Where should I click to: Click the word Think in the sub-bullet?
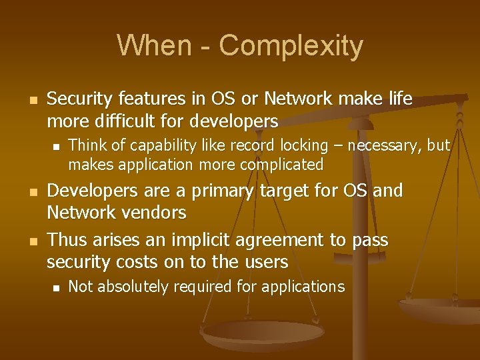pyautogui.click(x=87, y=145)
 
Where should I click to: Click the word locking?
pyautogui.click(x=279, y=146)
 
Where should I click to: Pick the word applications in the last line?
pyautogui.click(x=304, y=287)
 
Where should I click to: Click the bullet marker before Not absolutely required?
pyautogui.click(x=56, y=287)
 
